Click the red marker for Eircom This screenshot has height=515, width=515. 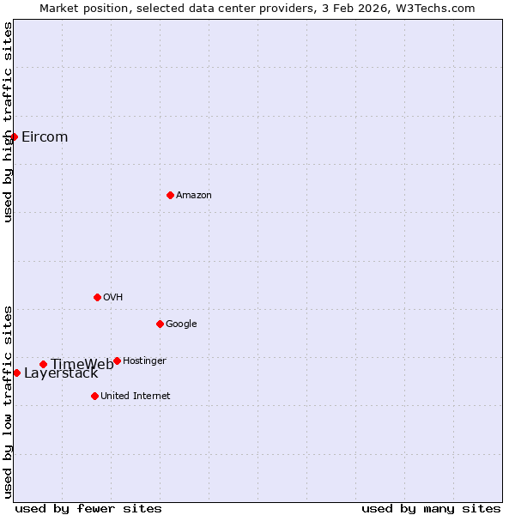point(14,136)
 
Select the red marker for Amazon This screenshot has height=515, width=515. point(170,195)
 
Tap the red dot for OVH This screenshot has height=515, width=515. point(97,297)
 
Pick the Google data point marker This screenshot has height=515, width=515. point(160,324)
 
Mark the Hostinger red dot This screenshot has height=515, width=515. point(117,360)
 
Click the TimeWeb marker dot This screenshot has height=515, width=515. point(43,364)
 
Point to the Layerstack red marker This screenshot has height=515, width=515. point(16,373)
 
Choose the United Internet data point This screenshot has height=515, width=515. point(94,396)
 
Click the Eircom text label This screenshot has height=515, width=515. point(45,137)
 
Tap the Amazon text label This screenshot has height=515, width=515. point(194,196)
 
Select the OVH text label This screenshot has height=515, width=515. point(113,298)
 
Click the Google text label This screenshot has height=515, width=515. point(181,324)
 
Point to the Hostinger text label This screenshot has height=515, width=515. point(144,361)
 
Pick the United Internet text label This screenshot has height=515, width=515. point(136,397)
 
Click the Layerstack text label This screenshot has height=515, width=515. point(61,373)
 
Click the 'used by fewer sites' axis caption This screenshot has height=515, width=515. point(88,509)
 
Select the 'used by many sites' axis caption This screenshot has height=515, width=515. point(431,509)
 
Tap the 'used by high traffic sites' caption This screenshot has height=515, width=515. point(8,122)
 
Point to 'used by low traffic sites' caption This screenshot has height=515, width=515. point(8,401)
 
